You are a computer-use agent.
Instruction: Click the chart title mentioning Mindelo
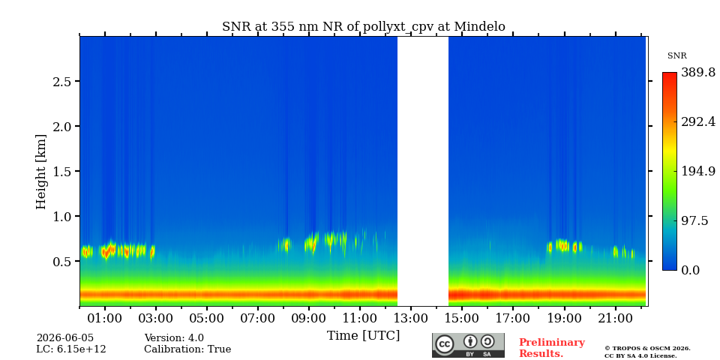click(363, 27)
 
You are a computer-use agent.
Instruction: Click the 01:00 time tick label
click(105, 318)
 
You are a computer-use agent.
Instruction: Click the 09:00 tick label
click(308, 318)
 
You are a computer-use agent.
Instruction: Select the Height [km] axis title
click(41, 172)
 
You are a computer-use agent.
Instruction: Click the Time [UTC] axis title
click(363, 336)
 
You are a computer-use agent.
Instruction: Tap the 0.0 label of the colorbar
click(690, 270)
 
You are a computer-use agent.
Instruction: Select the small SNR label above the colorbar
click(676, 56)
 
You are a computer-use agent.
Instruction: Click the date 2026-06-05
click(64, 338)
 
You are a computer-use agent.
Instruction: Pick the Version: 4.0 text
click(174, 338)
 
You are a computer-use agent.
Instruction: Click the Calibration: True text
click(187, 349)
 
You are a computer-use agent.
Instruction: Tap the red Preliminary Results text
click(552, 348)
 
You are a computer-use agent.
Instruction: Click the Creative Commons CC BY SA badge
click(468, 345)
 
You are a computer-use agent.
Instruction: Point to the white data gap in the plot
click(422, 171)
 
